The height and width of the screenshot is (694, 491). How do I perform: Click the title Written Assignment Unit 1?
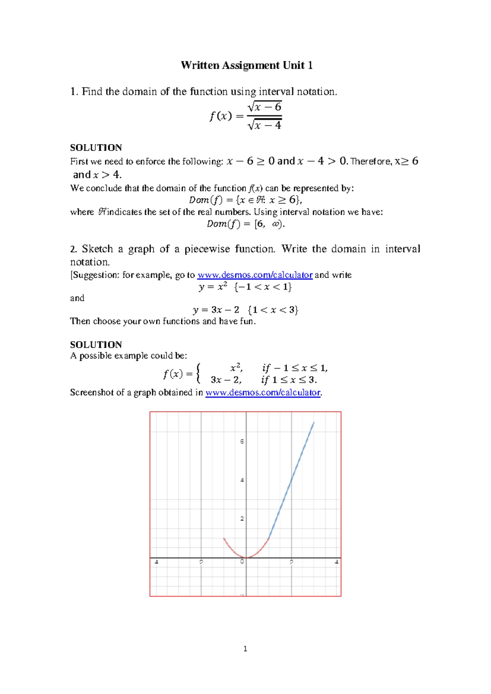pos(247,65)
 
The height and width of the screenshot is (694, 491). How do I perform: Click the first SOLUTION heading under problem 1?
pos(96,148)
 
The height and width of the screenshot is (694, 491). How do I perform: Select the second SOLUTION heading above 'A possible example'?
pos(96,345)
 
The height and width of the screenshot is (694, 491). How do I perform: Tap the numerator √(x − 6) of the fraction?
pos(265,107)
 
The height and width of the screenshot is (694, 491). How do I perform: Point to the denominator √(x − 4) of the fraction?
pos(265,125)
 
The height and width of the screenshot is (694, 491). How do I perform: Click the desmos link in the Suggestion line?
pos(255,275)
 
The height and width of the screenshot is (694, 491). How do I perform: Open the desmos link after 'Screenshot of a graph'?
pos(263,392)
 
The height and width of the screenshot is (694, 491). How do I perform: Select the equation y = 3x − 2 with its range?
pos(245,310)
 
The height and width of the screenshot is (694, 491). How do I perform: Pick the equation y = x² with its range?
pos(245,287)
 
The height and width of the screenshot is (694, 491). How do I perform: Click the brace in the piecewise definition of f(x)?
pos(198,373)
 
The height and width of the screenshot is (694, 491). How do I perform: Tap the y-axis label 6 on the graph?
pos(242,442)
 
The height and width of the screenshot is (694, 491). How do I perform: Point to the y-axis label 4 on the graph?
pos(242,480)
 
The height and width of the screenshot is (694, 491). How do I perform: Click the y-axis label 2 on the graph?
pos(242,519)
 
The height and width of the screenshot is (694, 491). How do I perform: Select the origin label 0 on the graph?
pos(242,562)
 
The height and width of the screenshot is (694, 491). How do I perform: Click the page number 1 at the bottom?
pos(245,649)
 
